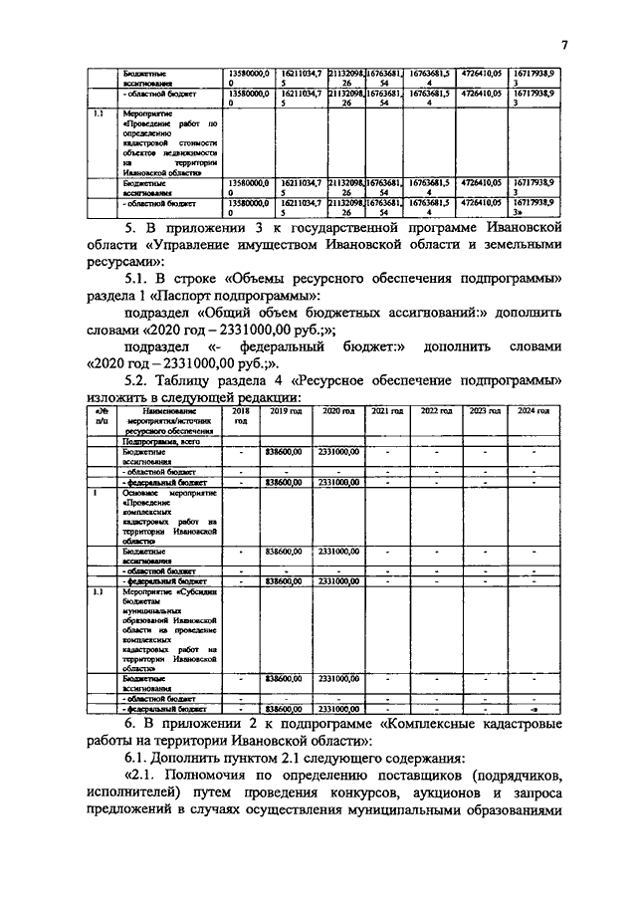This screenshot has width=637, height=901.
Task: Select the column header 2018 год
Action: tap(240, 415)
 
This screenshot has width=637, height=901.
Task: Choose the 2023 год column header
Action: tap(484, 410)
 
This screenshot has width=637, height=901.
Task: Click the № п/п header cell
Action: tap(100, 415)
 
